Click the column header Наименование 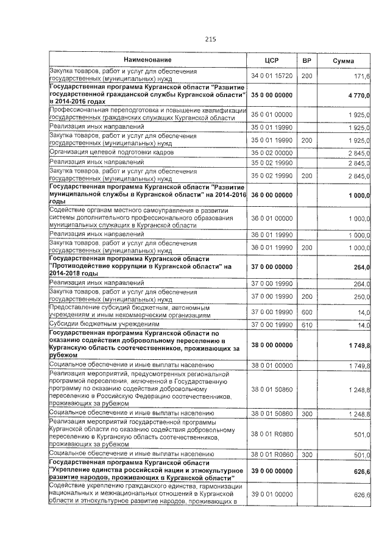[147, 60]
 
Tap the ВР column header [307, 60]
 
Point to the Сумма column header [345, 60]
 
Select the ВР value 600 [307, 312]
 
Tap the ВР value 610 [307, 324]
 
